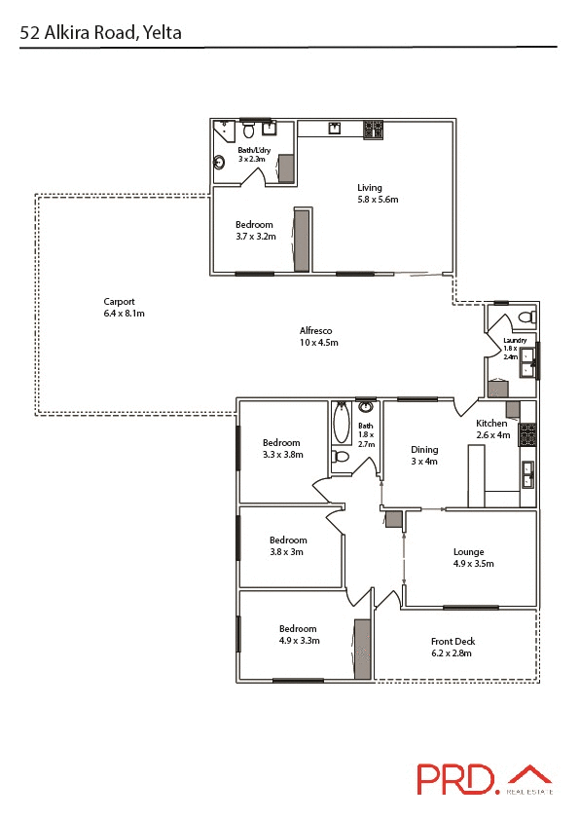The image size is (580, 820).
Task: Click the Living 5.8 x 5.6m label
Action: coord(376,193)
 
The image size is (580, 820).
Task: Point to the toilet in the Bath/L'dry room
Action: coord(249,130)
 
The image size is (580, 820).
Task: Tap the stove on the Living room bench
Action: coord(372,128)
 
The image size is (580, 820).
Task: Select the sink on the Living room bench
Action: coord(335,128)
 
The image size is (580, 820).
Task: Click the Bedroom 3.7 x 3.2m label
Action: coord(255,230)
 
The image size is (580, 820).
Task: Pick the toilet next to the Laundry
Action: coord(526,316)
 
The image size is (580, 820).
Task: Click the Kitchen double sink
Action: coord(527,474)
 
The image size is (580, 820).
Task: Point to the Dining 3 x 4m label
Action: coord(424,455)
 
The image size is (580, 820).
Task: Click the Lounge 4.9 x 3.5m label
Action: coord(473,558)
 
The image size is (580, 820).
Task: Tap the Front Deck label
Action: coord(453,647)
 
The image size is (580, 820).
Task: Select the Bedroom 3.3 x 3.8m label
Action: coord(283,448)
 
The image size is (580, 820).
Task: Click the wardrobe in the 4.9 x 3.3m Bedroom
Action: coord(362,648)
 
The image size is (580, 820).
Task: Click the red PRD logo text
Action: coord(456,779)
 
